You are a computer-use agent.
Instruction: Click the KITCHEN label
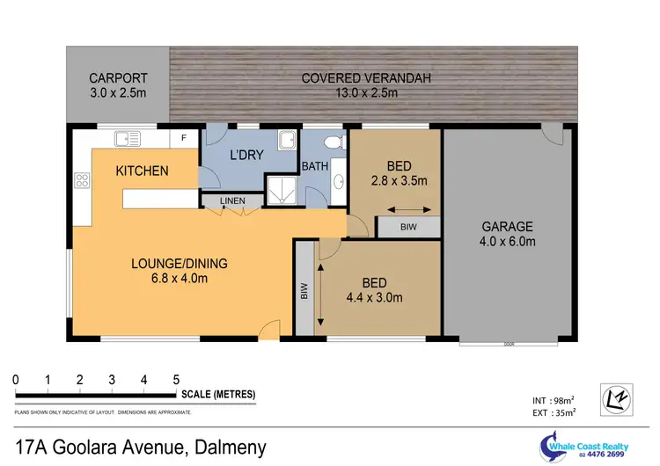click(x=142, y=171)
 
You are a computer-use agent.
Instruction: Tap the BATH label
click(x=314, y=165)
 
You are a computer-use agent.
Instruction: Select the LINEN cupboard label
click(x=232, y=201)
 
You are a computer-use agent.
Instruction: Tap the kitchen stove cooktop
click(x=83, y=181)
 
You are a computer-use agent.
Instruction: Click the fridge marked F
click(x=183, y=138)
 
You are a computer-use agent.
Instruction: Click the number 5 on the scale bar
click(x=176, y=380)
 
